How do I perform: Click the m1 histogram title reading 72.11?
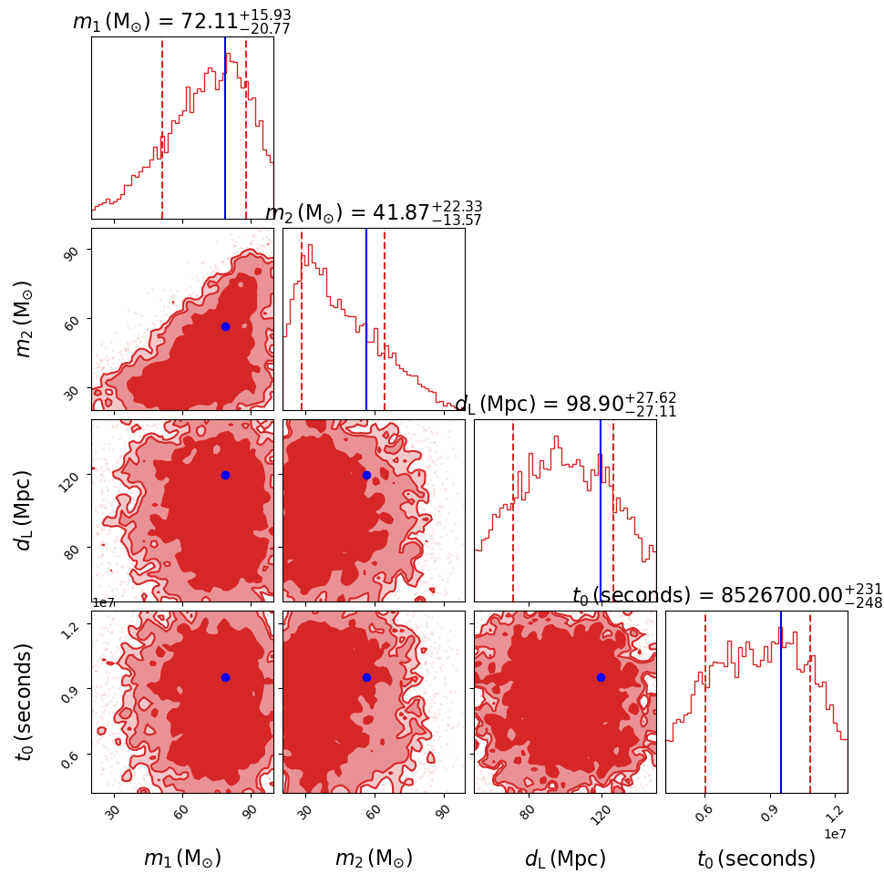[181, 21]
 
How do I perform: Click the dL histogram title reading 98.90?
[565, 404]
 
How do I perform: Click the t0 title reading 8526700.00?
[727, 595]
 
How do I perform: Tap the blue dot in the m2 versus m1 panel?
[225, 326]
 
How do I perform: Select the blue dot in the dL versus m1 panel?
[225, 475]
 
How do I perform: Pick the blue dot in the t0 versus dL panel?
[601, 677]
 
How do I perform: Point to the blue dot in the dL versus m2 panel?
[366, 475]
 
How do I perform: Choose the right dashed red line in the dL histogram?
[613, 510]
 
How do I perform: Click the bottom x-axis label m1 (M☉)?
[182, 858]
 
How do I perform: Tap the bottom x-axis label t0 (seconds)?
[756, 858]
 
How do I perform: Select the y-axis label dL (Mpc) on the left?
[25, 510]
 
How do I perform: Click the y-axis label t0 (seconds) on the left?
[25, 702]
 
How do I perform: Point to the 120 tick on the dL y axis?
[75, 475]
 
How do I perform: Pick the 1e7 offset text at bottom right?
[837, 834]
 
